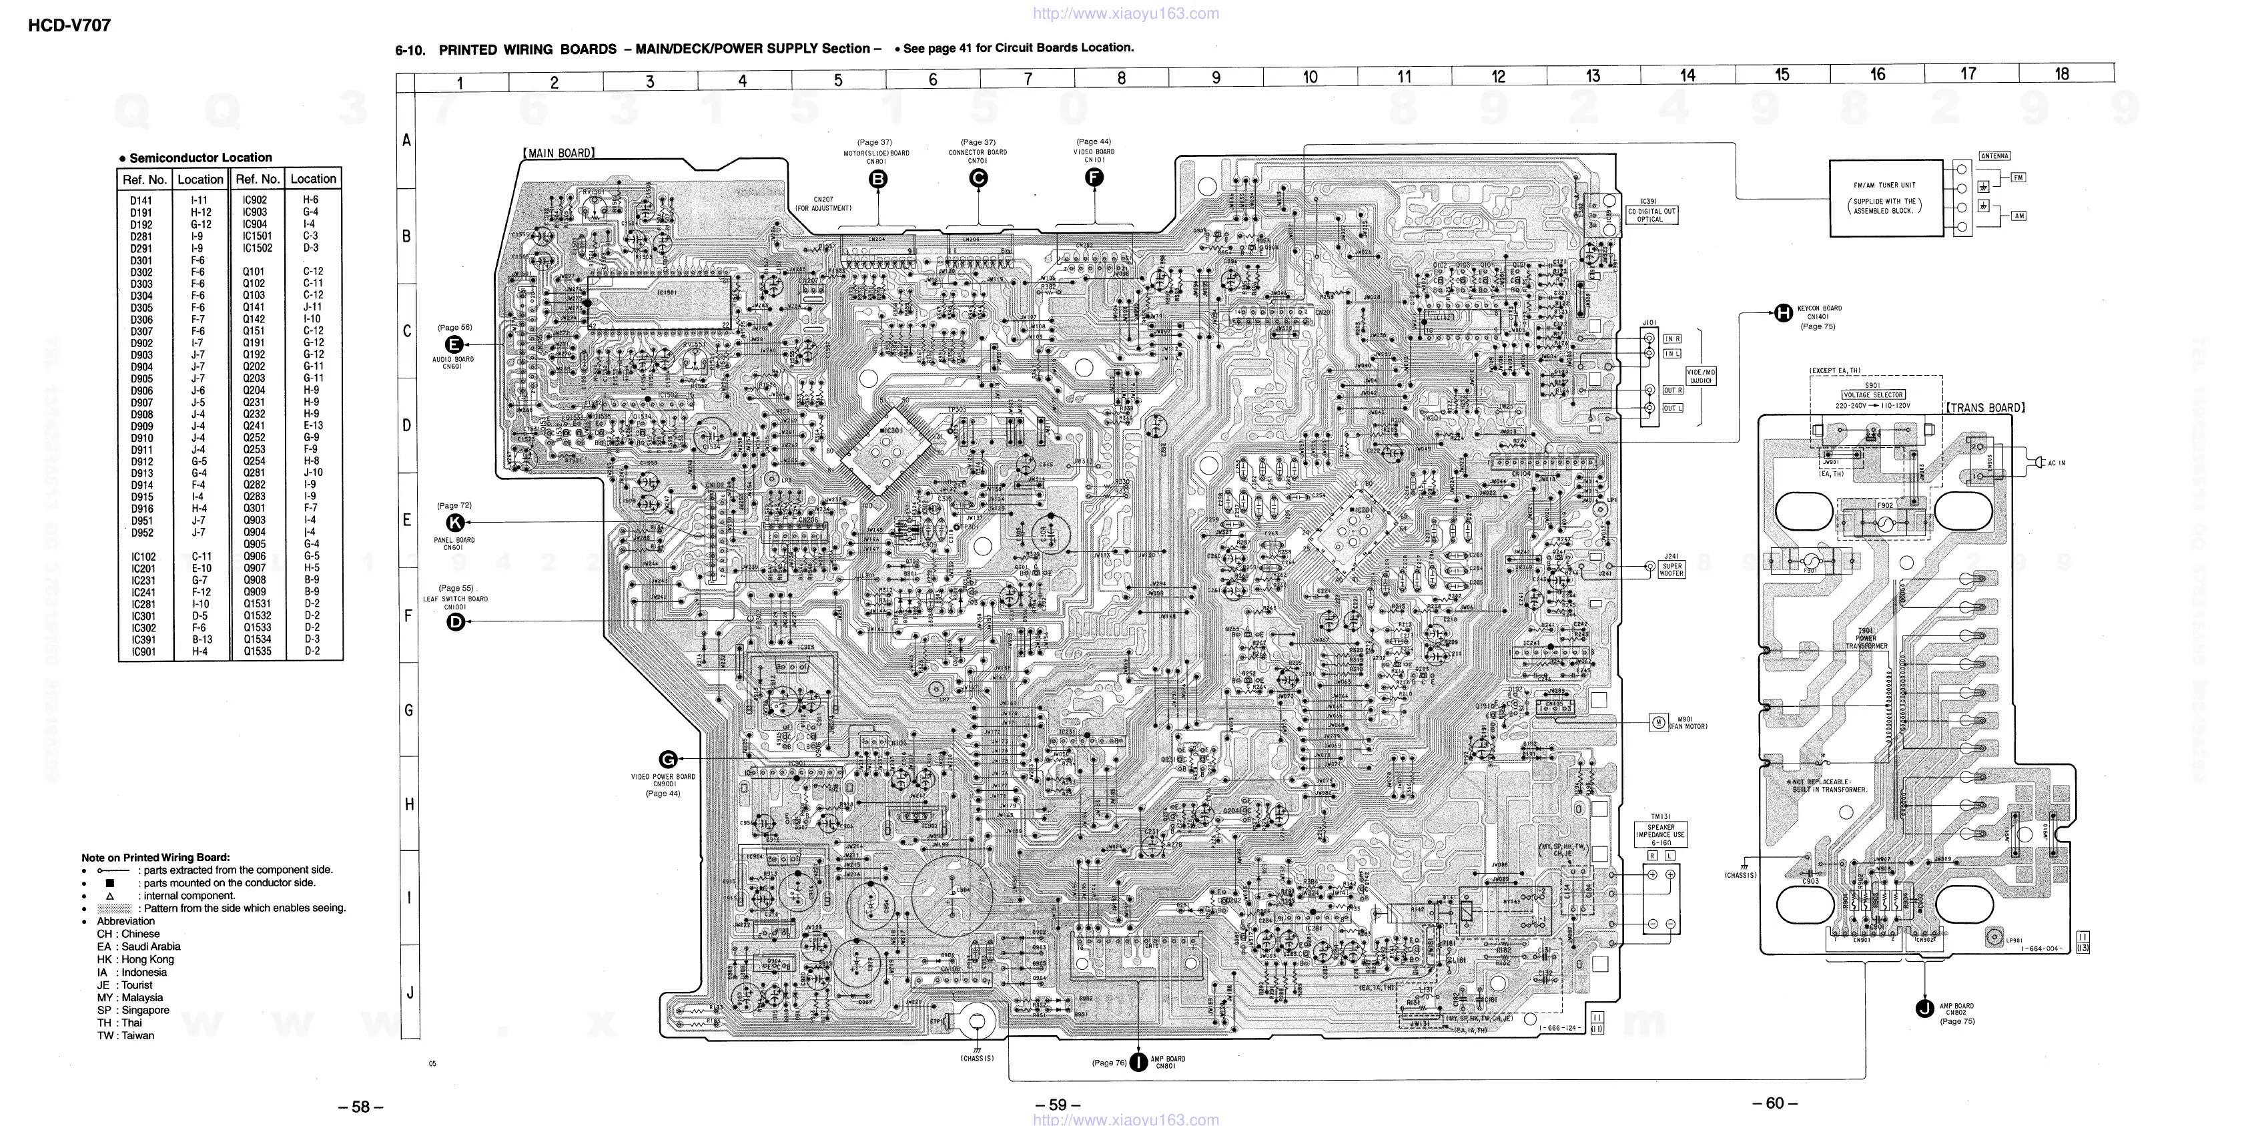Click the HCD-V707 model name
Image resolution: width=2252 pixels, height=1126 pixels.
(x=69, y=25)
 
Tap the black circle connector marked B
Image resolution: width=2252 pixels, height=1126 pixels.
(x=877, y=180)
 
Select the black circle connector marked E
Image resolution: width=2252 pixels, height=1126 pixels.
(x=454, y=344)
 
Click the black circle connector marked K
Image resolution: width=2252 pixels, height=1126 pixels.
(x=454, y=523)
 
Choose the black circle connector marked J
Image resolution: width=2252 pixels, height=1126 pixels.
(x=1924, y=1008)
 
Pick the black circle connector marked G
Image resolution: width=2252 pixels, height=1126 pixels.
(x=668, y=759)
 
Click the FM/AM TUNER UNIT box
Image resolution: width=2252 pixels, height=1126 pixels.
(x=1886, y=198)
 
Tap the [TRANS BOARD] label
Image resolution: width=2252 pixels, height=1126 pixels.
(x=1984, y=407)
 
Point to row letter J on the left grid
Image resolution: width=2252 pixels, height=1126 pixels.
(x=409, y=993)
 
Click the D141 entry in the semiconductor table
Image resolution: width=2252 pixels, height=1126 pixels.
(x=141, y=201)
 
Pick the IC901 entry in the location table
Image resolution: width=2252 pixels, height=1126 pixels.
(x=143, y=651)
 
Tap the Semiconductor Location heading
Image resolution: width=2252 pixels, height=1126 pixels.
(x=200, y=158)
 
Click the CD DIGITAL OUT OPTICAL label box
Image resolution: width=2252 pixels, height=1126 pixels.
(x=1651, y=215)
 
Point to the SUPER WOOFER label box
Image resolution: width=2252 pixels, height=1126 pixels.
(x=1671, y=569)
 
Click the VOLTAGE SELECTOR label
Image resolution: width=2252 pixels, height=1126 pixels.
(x=1872, y=395)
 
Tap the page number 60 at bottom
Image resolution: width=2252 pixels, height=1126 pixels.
(x=1775, y=1103)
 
